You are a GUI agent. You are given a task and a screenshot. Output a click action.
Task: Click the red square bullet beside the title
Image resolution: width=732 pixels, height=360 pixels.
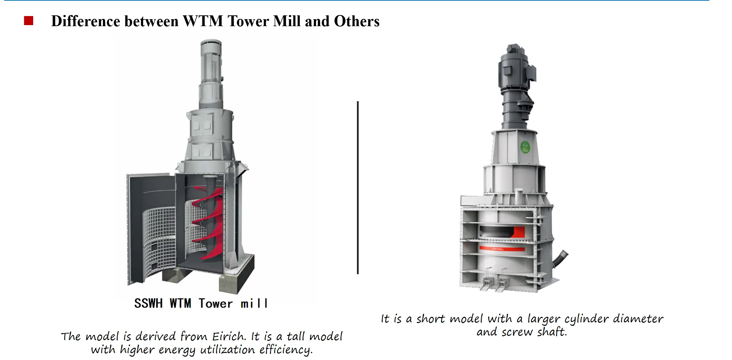pos(29,21)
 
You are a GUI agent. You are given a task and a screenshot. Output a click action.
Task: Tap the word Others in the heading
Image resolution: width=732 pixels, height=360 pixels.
pos(357,21)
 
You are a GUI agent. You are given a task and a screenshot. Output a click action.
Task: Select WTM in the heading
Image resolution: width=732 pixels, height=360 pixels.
pos(203,21)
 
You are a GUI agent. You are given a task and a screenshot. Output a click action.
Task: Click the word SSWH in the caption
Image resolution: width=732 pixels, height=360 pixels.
pos(148,303)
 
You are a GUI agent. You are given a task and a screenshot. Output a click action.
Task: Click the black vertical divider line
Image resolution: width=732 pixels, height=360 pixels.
pos(358,188)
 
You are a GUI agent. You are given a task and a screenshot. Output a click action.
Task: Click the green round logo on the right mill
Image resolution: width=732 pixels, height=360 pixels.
pos(525,147)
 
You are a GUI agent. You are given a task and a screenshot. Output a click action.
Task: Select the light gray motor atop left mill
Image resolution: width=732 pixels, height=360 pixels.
pos(211,74)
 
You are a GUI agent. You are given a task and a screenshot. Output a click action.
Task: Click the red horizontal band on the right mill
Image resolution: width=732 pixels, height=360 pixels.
pos(502,249)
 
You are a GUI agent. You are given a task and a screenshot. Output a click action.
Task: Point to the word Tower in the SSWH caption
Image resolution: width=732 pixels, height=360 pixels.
pos(216,303)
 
